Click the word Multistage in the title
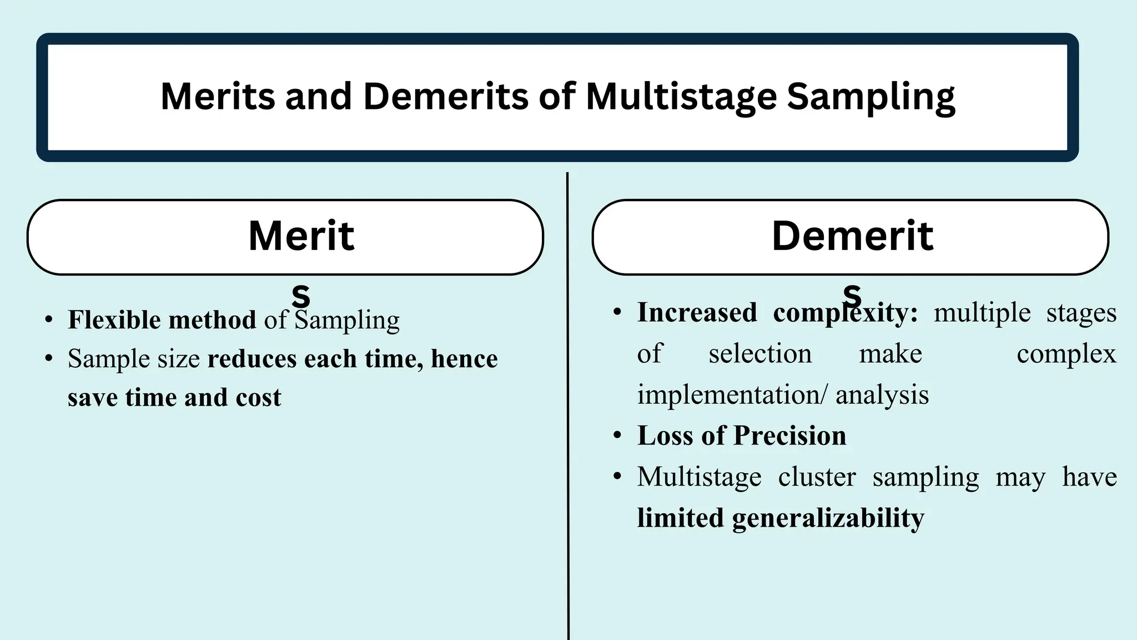coord(681,97)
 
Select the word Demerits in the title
coord(445,97)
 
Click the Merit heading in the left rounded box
coord(301,236)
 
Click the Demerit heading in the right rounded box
coord(852,236)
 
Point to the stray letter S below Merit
coord(301,296)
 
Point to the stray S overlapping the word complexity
coord(852,296)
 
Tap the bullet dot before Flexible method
coord(49,321)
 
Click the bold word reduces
coord(252,359)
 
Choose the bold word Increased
coord(697,312)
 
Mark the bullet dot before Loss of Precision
coord(617,436)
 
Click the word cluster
coord(817,477)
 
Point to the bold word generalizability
coord(828,518)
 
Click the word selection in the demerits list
coord(759,354)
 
